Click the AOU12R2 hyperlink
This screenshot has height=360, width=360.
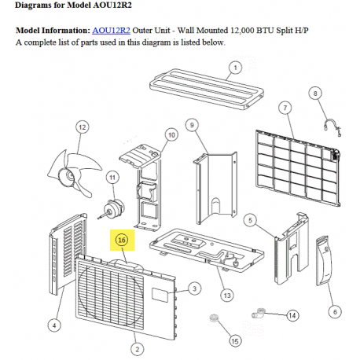click(111, 31)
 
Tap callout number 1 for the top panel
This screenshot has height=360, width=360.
click(235, 68)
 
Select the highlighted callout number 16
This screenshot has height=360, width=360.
click(122, 240)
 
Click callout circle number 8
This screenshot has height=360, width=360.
click(315, 94)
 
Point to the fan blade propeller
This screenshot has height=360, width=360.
click(75, 173)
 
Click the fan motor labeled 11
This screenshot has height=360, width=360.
click(112, 208)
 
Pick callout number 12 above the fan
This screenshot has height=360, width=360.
click(83, 127)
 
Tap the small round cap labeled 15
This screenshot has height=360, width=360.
click(214, 318)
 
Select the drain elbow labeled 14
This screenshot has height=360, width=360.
click(259, 313)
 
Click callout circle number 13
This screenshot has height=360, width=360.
click(227, 296)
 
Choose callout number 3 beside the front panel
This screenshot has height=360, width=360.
click(194, 288)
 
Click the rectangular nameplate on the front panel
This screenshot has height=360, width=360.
click(160, 295)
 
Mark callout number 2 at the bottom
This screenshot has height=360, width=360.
click(138, 349)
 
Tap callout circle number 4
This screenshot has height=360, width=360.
click(54, 325)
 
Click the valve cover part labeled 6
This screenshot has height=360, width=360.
click(324, 261)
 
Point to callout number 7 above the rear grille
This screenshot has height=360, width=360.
click(285, 108)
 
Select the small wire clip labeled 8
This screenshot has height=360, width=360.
click(332, 127)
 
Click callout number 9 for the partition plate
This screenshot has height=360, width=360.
click(192, 125)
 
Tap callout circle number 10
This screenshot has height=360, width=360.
click(171, 135)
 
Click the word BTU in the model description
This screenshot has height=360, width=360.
click(265, 31)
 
